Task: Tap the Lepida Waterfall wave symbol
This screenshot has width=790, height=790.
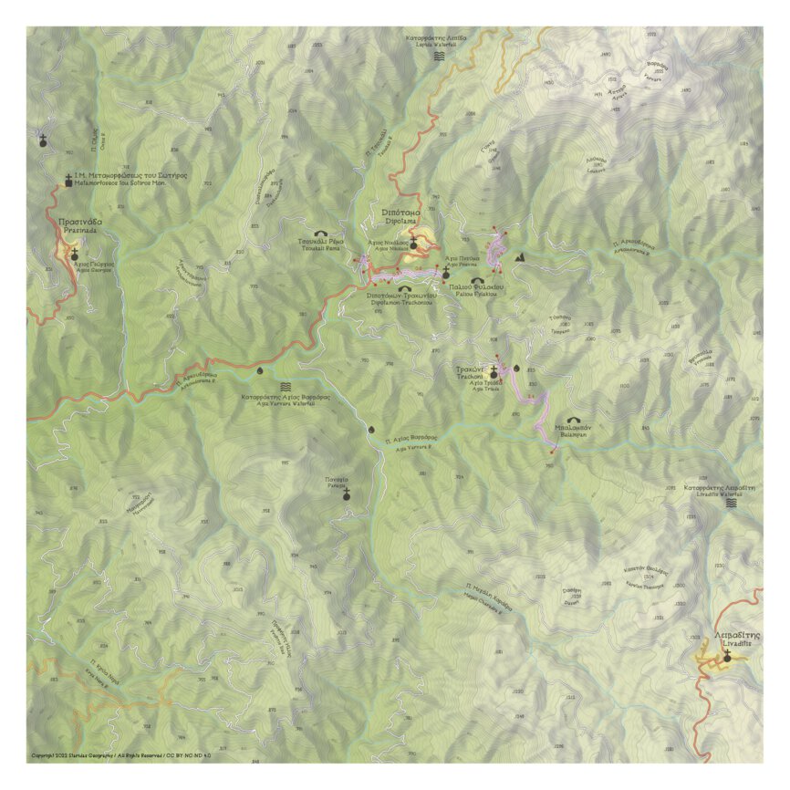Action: click(440, 56)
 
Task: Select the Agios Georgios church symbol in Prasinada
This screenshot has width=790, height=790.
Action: click(74, 255)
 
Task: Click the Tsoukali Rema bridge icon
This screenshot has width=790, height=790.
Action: click(320, 233)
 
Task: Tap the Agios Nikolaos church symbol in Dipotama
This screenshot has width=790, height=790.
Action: click(412, 243)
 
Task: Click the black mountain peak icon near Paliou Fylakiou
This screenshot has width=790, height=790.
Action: click(520, 258)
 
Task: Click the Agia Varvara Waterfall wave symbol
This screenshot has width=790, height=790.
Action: click(286, 387)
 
